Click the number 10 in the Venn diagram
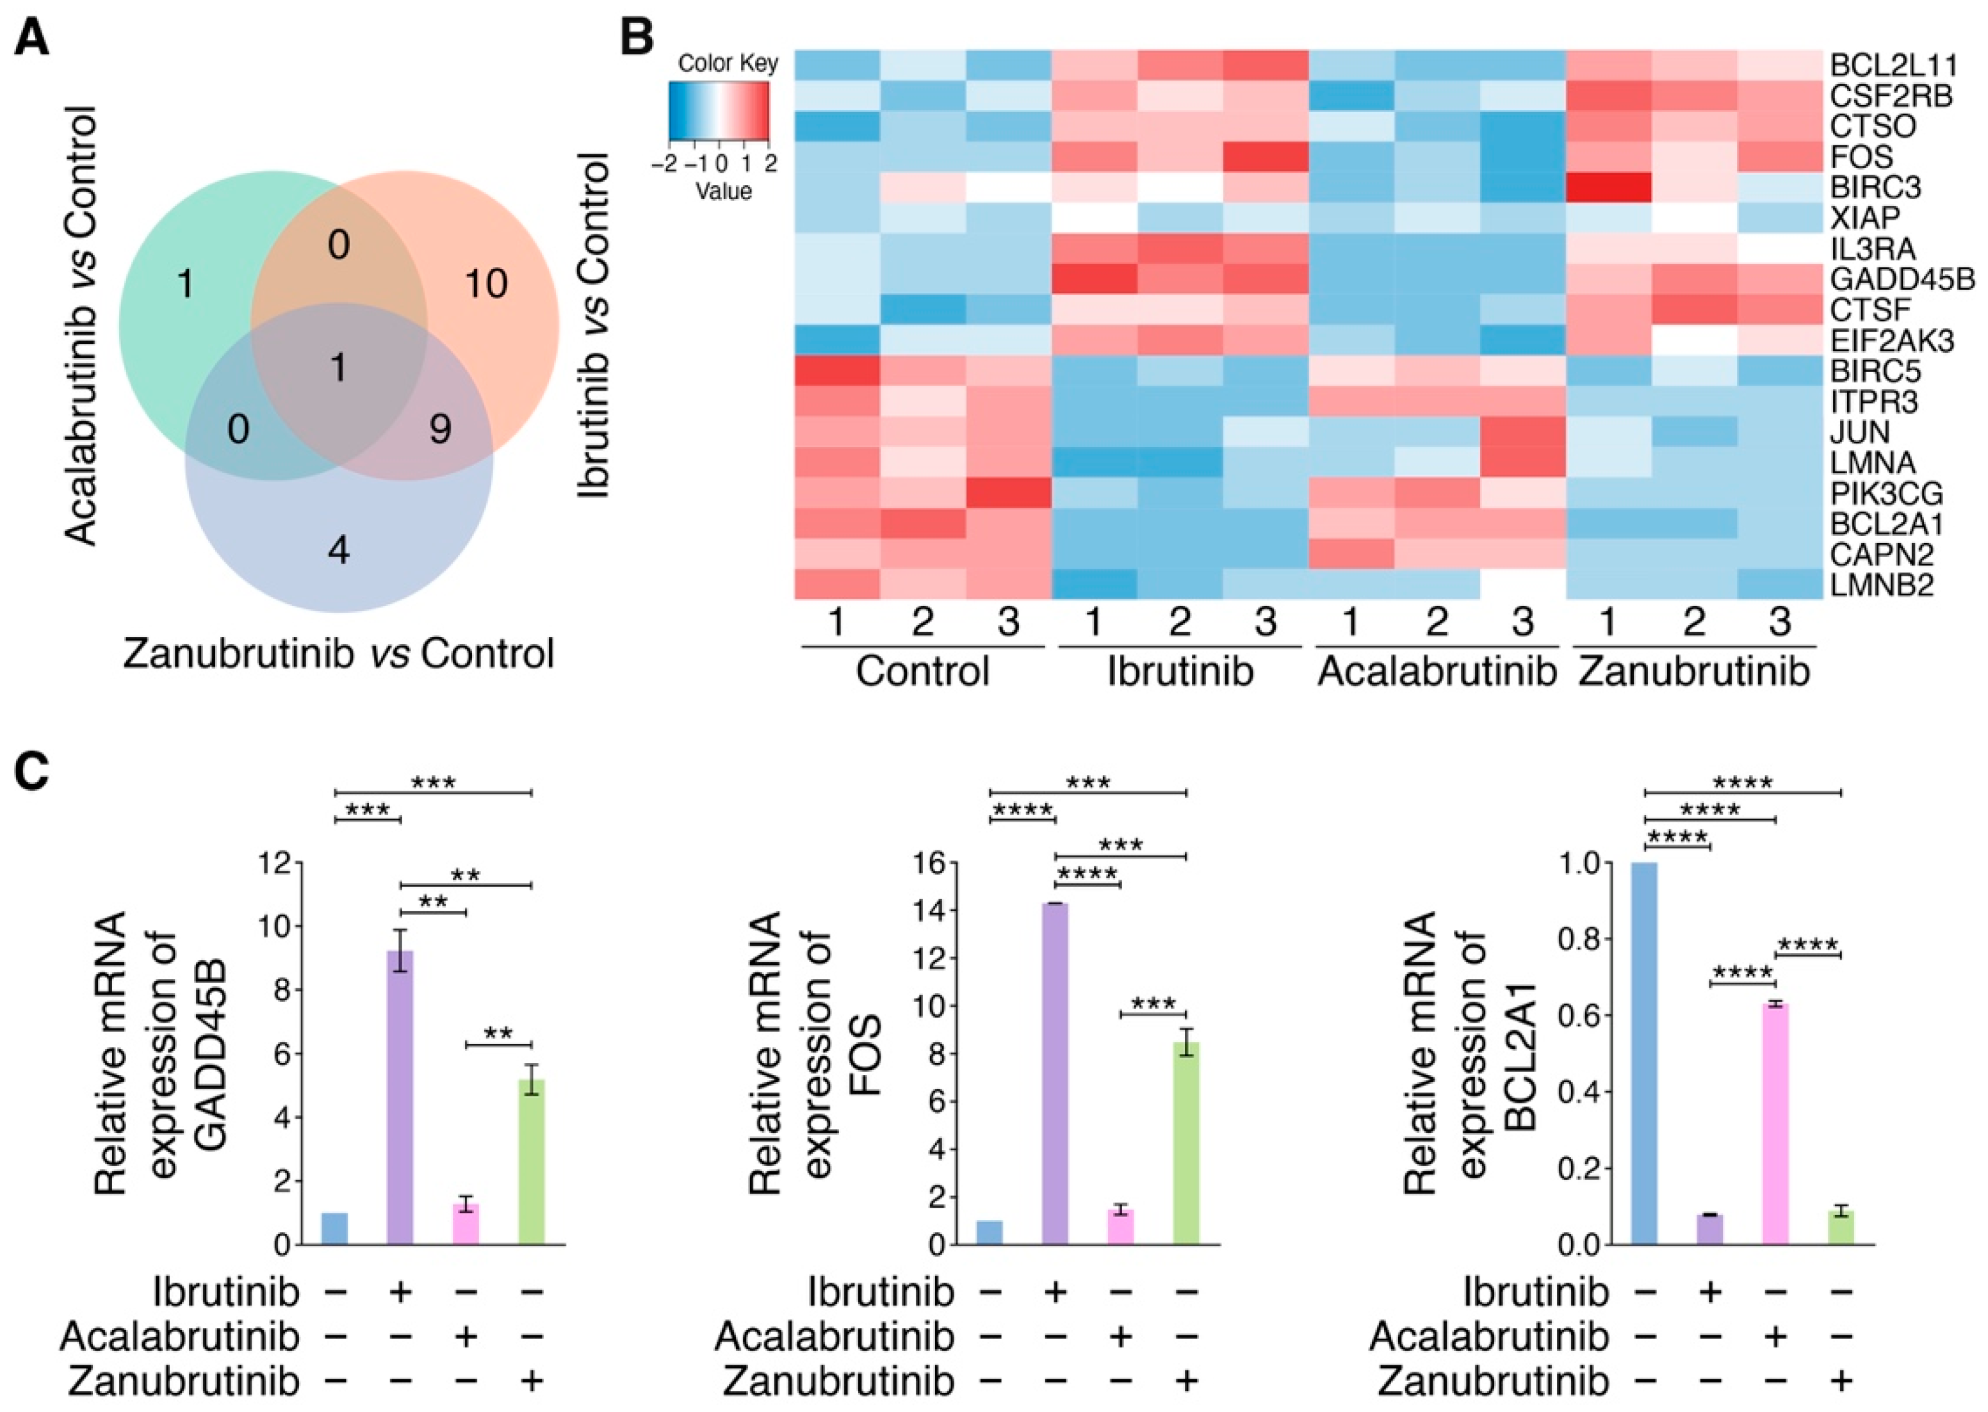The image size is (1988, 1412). [485, 284]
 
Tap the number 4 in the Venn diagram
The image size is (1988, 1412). [338, 550]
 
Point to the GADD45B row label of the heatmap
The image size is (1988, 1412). [1901, 279]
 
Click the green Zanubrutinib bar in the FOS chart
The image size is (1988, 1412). [1185, 1142]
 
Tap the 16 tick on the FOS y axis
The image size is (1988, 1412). [930, 863]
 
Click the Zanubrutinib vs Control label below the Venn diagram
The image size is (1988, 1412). [338, 654]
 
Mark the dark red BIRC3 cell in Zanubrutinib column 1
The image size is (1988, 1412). [1608, 187]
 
